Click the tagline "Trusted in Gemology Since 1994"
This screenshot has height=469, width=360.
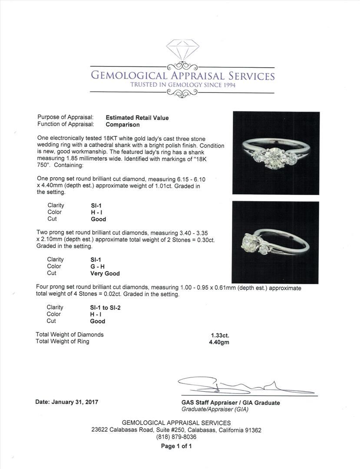pyautogui.click(x=183, y=85)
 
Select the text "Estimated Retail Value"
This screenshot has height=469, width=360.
pyautogui.click(x=137, y=118)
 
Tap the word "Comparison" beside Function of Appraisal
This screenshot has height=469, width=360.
pyautogui.click(x=123, y=125)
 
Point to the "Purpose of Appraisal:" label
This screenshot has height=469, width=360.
pyautogui.click(x=66, y=118)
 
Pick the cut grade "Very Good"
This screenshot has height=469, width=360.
pyautogui.click(x=105, y=274)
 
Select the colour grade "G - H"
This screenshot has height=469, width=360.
pyautogui.click(x=97, y=267)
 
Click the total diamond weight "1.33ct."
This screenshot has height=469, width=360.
pyautogui.click(x=219, y=335)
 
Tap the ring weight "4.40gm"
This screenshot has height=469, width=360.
pyautogui.click(x=219, y=342)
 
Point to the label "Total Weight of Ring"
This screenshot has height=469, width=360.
pyautogui.click(x=63, y=341)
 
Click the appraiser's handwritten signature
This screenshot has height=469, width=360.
pyautogui.click(x=243, y=386)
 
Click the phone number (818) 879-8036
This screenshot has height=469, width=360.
pyautogui.click(x=176, y=437)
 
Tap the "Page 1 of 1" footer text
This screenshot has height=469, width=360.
pyautogui.click(x=176, y=446)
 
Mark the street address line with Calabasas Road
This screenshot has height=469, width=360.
pyautogui.click(x=176, y=430)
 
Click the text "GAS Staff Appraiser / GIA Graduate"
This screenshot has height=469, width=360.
pyautogui.click(x=231, y=403)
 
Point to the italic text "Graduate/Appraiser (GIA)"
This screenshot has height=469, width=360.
pyautogui.click(x=215, y=409)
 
